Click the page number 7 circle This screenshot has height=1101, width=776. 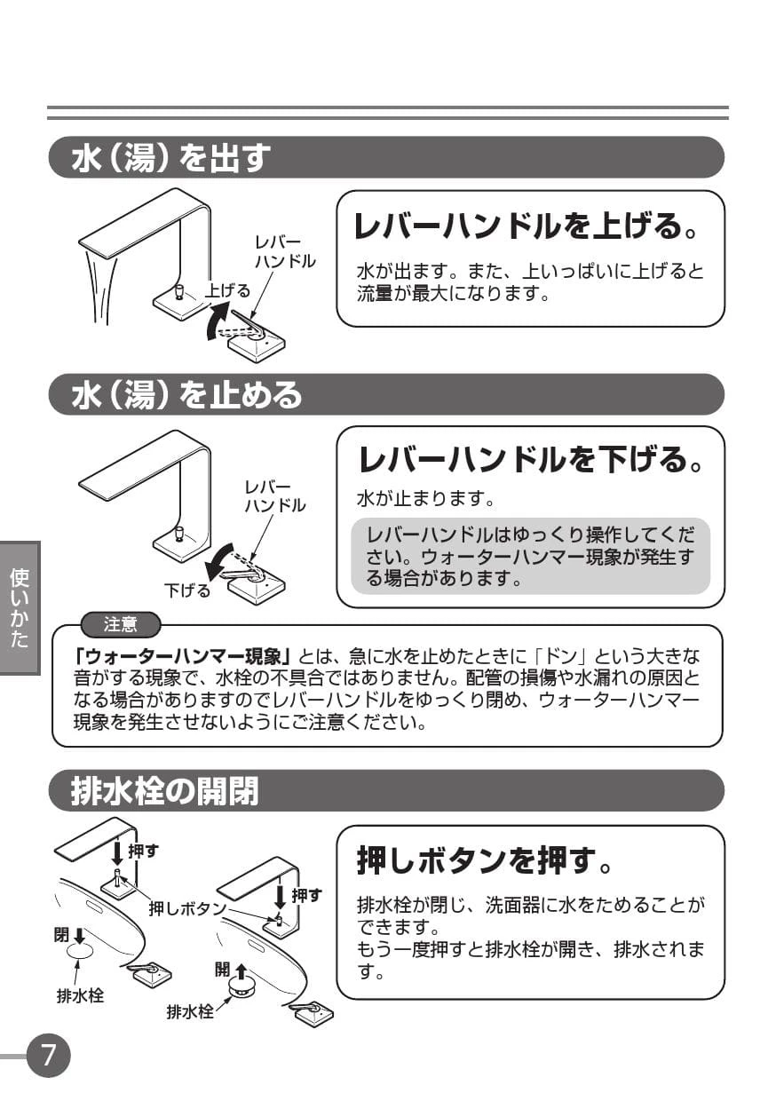pos(48,1056)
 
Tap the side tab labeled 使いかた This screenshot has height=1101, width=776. pos(20,608)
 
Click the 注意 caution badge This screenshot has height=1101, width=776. pos(121,625)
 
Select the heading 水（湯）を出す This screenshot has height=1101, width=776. pos(171,158)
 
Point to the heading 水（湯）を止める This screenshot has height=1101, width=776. pos(186,394)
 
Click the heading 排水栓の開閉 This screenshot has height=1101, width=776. pos(164,791)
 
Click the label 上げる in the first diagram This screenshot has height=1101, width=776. pos(227,290)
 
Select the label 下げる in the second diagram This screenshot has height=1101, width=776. pos(187,590)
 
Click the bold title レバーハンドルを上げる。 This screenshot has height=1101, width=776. pos(526,226)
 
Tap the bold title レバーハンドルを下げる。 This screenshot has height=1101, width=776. pos(530,460)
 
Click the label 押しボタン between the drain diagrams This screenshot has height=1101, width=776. pos(187,909)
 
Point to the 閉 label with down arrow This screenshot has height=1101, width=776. pos(69,935)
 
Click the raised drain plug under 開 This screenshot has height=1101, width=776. pos(242,989)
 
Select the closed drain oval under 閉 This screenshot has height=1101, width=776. pos(79,952)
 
